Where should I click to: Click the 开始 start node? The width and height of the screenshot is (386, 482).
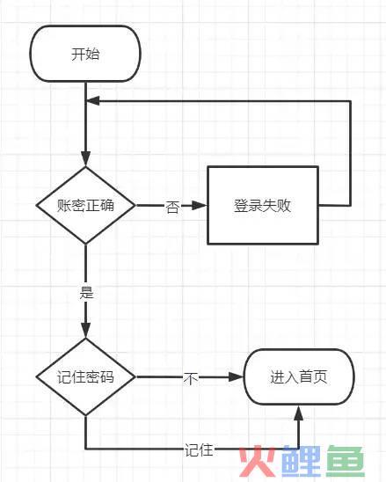point(85,54)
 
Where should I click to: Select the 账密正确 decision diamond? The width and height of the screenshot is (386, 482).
point(86,205)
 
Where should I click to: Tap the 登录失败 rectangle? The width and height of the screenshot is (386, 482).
point(263,205)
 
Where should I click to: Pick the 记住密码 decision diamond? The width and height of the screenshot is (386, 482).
point(86,376)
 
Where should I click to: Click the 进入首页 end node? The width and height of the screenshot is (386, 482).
point(299,376)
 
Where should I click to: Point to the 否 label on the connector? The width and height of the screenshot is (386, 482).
point(172,207)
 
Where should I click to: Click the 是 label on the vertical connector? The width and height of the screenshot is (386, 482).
point(86,292)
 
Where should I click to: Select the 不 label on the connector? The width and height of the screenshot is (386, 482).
point(191,378)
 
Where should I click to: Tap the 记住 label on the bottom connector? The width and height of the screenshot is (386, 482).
point(199,450)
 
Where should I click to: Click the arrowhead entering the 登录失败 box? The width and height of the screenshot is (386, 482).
point(200,205)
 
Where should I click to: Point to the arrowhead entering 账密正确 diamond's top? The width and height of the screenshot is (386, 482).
point(86,158)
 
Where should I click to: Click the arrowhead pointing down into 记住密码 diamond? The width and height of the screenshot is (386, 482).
point(86,330)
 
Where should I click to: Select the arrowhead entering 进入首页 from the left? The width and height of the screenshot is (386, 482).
point(236,376)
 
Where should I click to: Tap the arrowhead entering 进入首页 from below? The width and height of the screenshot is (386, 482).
point(298,413)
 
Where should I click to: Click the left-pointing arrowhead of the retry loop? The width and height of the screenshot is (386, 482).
point(93,101)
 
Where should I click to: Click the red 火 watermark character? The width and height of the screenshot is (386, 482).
point(258,461)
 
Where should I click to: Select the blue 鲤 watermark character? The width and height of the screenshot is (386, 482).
point(302,461)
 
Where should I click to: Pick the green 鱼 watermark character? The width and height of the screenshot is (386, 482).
point(346,461)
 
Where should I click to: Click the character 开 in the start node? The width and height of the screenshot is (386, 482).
point(78,55)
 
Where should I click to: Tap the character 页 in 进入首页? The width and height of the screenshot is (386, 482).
point(320,376)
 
